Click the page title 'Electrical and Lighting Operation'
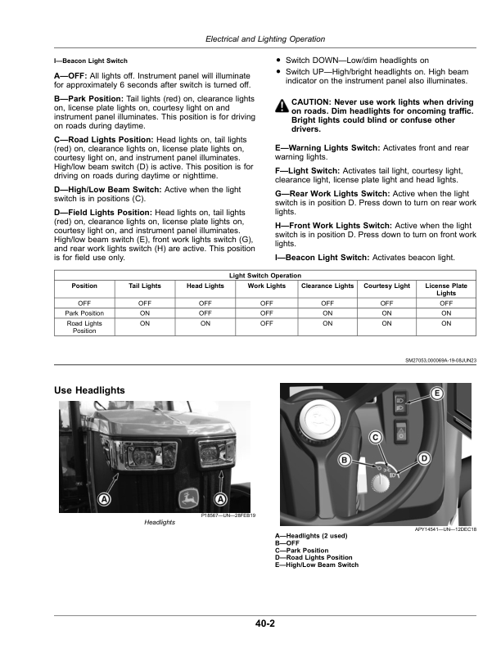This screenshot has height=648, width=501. point(264,38)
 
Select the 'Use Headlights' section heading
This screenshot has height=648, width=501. point(89,390)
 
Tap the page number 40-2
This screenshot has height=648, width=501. point(264,624)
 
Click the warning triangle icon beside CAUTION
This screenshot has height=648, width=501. point(281,106)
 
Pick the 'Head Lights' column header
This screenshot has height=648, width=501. point(205,286)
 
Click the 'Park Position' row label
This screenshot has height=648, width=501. point(84,312)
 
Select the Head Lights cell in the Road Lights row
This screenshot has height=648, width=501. point(205,322)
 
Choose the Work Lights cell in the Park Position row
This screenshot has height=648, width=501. point(266,312)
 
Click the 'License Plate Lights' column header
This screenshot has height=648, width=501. point(446,290)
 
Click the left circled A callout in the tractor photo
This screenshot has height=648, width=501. point(104,500)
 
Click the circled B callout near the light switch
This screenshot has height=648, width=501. point(345,461)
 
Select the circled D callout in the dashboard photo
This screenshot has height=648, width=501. point(424,459)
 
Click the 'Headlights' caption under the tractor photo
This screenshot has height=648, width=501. point(160,521)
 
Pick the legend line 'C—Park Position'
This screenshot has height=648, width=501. point(302,551)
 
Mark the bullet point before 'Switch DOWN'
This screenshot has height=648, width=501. point(278,61)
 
